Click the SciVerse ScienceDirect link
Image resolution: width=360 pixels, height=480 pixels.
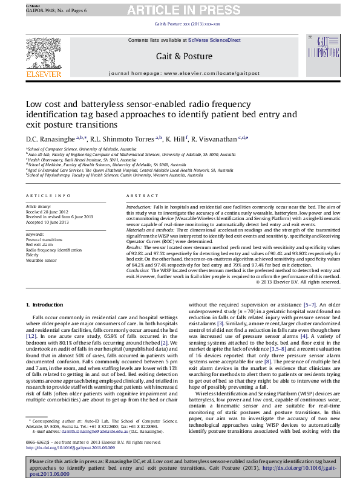[x=214, y=40]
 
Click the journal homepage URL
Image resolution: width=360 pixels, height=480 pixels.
[x=210, y=73]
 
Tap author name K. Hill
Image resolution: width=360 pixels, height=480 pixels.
[x=177, y=139]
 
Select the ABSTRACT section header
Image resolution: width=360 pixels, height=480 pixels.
[x=143, y=196]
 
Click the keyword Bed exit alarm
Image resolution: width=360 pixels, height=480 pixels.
[x=40, y=244]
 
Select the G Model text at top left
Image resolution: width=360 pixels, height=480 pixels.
[x=31, y=5]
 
